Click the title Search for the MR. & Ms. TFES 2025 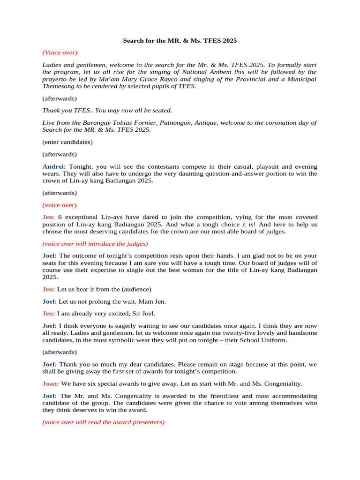(x=180, y=41)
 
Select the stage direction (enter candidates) (x=67, y=142)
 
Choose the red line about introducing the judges (x=95, y=244)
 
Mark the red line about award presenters (x=104, y=422)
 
